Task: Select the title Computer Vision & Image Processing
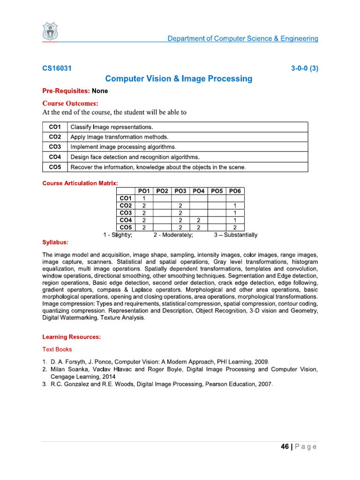click(179, 79)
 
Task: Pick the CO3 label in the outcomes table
click(55, 147)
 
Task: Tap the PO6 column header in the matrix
click(235, 191)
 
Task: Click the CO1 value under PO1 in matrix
click(144, 198)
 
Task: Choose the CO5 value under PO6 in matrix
click(235, 227)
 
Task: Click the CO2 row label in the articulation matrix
click(126, 205)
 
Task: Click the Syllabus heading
click(55, 242)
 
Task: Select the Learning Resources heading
click(72, 337)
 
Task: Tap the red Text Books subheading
click(57, 349)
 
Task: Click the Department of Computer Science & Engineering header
click(243, 38)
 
